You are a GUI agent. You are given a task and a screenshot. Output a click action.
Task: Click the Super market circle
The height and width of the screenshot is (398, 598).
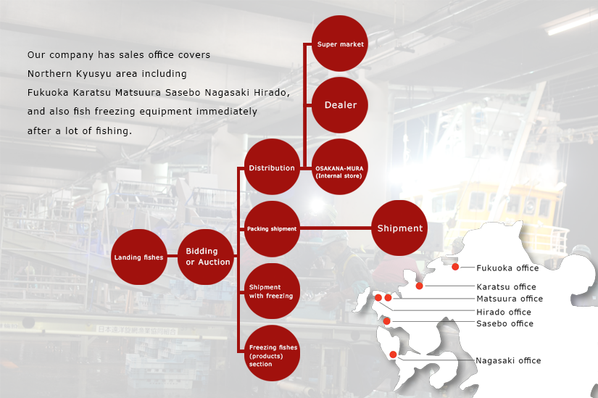(340, 43)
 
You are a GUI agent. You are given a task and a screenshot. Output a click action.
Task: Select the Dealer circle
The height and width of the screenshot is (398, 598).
(340, 105)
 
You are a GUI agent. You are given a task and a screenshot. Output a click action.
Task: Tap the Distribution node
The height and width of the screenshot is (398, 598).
(272, 167)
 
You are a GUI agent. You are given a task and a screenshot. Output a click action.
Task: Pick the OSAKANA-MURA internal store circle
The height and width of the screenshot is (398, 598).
(340, 167)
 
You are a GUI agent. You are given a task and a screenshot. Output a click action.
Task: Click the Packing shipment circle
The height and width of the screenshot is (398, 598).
(272, 229)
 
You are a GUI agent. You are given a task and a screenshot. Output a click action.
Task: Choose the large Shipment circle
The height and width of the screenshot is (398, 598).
(399, 228)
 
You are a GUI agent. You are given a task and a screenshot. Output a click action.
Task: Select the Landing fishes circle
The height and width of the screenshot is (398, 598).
(139, 257)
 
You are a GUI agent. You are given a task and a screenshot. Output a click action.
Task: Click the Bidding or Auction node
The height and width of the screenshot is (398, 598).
(206, 257)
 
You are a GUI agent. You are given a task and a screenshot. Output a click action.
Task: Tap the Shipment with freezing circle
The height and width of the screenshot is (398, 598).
(272, 291)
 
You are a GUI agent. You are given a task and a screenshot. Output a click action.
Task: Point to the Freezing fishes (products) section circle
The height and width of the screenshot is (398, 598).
(272, 353)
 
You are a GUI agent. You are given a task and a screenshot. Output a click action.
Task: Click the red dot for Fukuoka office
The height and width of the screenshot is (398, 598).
(455, 267)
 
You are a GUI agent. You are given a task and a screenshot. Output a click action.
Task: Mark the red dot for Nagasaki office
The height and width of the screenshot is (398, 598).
(393, 355)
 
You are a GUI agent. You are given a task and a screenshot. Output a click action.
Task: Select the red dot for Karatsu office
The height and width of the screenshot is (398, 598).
(419, 286)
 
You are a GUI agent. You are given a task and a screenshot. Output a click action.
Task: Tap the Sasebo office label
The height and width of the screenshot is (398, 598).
(504, 323)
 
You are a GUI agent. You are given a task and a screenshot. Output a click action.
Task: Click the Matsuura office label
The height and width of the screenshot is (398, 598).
(510, 299)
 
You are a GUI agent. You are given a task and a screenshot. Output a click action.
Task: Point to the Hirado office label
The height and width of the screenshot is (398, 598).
(504, 312)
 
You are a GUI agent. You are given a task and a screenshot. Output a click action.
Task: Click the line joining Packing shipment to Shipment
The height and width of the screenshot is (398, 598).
(336, 228)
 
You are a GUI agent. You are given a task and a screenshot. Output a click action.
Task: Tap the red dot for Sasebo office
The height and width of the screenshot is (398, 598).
(386, 321)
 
